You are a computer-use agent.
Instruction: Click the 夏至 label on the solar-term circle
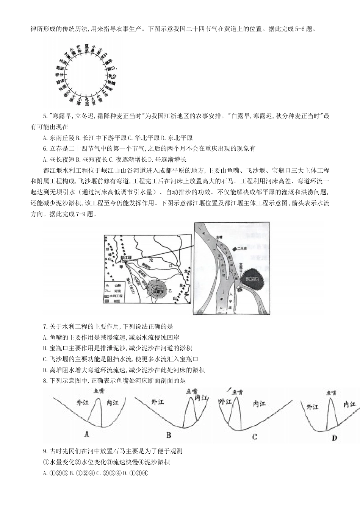(87, 48)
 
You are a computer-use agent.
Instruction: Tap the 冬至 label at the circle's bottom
(87, 101)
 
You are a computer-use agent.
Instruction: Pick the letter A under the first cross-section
(86, 434)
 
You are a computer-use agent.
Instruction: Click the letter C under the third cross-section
(254, 437)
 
